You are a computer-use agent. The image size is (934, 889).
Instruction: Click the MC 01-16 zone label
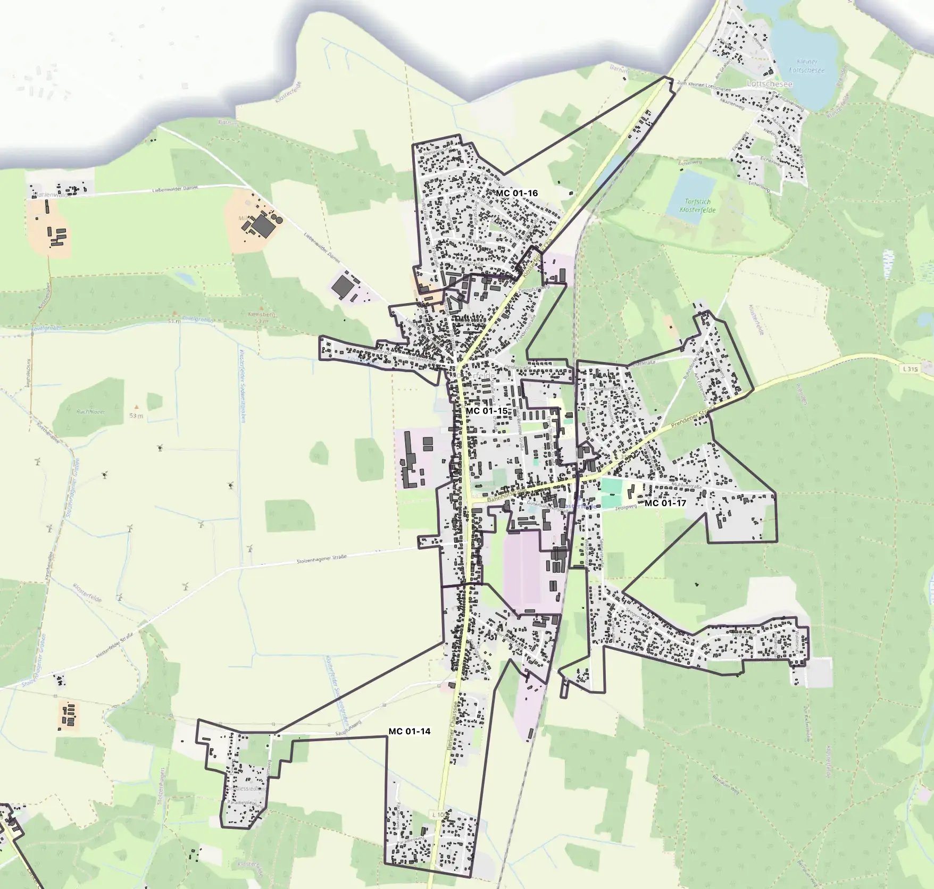(516, 193)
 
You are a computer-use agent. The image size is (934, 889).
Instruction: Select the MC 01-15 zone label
(486, 411)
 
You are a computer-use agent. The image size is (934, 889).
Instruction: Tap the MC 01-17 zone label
(665, 502)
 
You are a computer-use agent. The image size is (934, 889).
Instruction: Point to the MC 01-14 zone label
(409, 731)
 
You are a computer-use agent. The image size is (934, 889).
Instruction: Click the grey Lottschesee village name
(769, 84)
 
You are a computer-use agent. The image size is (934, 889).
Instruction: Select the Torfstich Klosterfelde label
(697, 206)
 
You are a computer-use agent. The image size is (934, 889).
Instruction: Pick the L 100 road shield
(438, 815)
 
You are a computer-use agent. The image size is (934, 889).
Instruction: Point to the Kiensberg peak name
(260, 314)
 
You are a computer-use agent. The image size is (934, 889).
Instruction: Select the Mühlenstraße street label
(687, 485)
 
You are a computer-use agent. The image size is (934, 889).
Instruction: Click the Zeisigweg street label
(626, 508)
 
